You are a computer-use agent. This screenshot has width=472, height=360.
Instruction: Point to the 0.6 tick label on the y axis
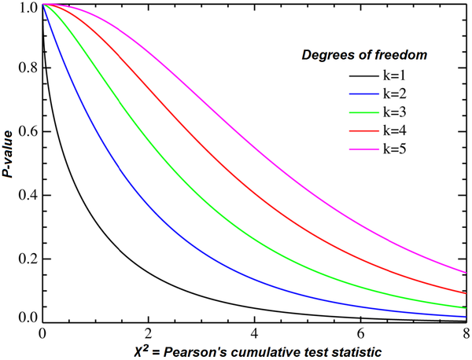[x=27, y=132]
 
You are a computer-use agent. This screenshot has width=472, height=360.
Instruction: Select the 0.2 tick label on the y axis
[x=27, y=259]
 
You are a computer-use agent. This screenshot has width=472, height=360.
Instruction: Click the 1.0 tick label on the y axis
[x=27, y=7]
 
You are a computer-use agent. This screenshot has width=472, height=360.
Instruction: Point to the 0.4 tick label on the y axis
[x=27, y=196]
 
